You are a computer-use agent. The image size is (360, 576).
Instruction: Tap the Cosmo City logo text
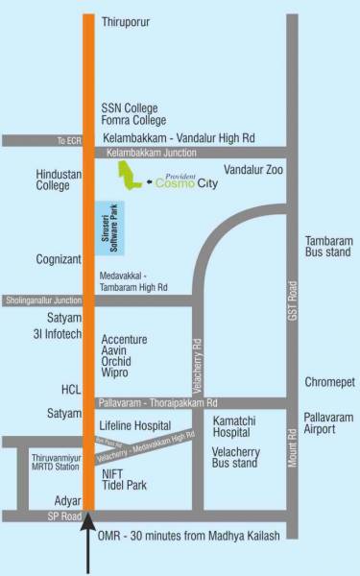coord(186,184)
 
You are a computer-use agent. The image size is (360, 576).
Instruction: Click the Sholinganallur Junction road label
coord(43,300)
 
